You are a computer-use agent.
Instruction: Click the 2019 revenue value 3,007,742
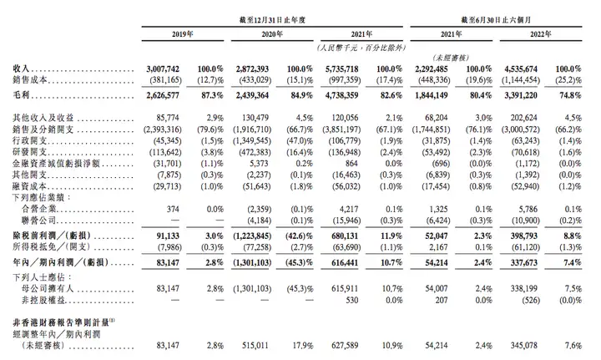[163, 69]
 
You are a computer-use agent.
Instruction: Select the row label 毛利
[21, 94]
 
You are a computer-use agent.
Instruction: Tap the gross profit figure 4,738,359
[342, 95]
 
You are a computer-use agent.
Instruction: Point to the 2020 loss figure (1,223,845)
[252, 236]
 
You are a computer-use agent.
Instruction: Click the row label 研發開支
[29, 152]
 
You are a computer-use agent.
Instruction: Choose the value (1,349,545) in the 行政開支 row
[252, 140]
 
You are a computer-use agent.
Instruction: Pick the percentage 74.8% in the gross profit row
[570, 95]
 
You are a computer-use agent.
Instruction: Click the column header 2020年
[272, 34]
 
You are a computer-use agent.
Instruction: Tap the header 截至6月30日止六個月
[496, 20]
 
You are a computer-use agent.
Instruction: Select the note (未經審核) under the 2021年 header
[451, 58]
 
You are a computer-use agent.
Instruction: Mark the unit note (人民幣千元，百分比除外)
[361, 48]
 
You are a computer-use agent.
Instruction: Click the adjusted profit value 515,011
[255, 346]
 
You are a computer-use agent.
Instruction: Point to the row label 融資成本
[29, 186]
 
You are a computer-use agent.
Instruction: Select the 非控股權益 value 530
[352, 300]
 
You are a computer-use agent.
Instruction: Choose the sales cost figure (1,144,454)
[521, 80]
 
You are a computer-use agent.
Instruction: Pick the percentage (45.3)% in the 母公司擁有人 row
[300, 288]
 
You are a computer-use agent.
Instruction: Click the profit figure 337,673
[524, 262]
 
